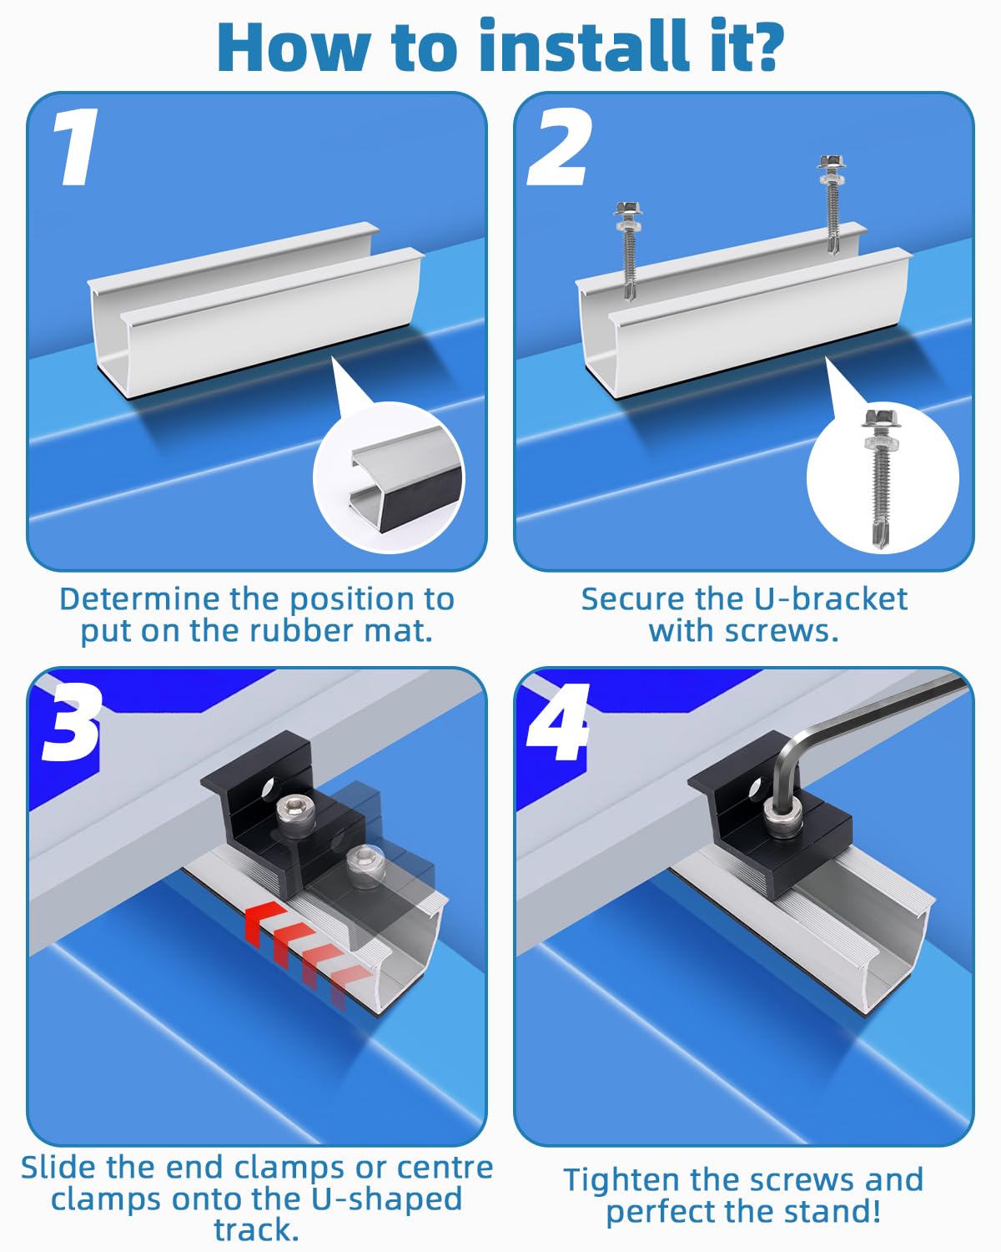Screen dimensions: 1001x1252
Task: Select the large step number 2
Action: click(559, 147)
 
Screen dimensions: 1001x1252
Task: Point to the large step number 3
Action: click(71, 722)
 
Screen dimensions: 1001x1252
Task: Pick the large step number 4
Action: click(557, 722)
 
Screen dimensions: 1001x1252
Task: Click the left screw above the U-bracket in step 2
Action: click(628, 250)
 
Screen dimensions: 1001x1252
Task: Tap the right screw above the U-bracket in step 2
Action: click(831, 204)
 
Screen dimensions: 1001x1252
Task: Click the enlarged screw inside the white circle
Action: click(882, 477)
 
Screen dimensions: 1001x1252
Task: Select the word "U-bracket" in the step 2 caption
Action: click(831, 599)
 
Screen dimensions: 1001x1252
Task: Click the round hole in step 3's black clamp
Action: click(268, 789)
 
